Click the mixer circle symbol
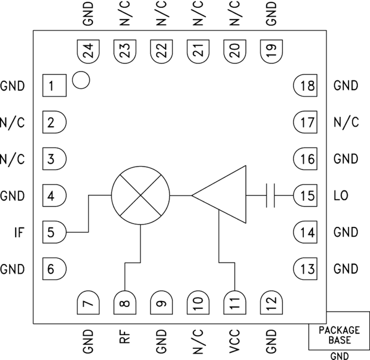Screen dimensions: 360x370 [x=141, y=196]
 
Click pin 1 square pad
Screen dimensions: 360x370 [x=54, y=86]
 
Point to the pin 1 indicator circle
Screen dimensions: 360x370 [x=81, y=80]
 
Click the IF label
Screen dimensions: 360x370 [x=19, y=232]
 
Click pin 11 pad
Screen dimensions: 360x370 [x=234, y=303]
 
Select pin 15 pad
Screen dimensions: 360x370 [x=305, y=195]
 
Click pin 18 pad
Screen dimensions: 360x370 [x=305, y=86]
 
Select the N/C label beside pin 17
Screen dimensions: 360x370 [x=346, y=122]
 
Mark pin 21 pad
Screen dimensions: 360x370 [x=198, y=51]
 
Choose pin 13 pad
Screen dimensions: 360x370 [x=305, y=269]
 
